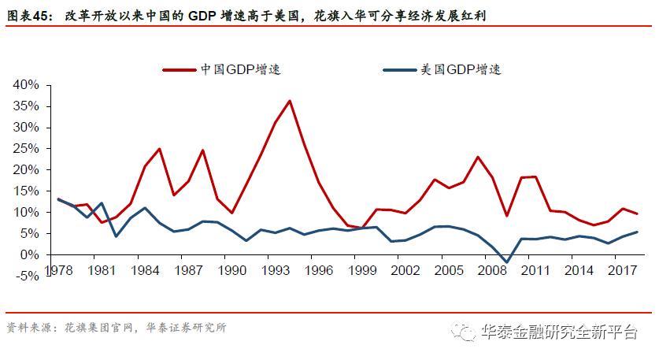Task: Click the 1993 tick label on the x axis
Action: (x=275, y=269)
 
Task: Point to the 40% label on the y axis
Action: (x=27, y=84)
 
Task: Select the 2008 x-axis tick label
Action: (x=493, y=269)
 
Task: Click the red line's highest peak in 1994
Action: (x=290, y=101)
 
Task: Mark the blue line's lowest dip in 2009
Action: (x=507, y=262)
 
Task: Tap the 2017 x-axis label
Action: (x=623, y=269)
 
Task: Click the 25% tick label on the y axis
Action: (x=27, y=148)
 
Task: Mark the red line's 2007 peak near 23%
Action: (x=478, y=157)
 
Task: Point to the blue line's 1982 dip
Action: (x=116, y=236)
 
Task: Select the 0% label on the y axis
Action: (x=30, y=255)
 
